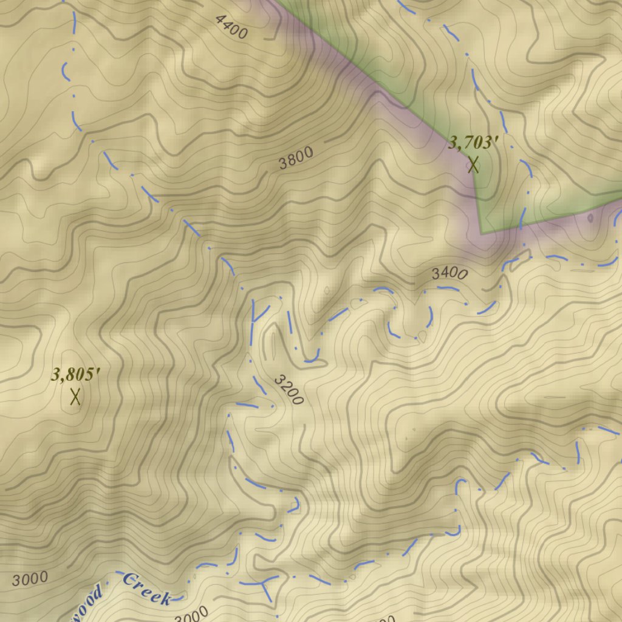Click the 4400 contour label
[x=231, y=27]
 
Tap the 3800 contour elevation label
[x=296, y=158]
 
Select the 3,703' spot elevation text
[x=473, y=143]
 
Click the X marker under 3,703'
[x=473, y=165]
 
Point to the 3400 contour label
[x=449, y=273]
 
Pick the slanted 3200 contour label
[x=288, y=390]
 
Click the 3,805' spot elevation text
[x=75, y=375]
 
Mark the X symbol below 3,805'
[x=75, y=397]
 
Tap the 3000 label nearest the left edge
[x=29, y=579]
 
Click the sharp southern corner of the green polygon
[x=481, y=233]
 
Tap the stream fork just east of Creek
[x=264, y=583]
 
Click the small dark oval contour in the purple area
[x=590, y=217]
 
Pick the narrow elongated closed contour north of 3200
[x=272, y=343]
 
